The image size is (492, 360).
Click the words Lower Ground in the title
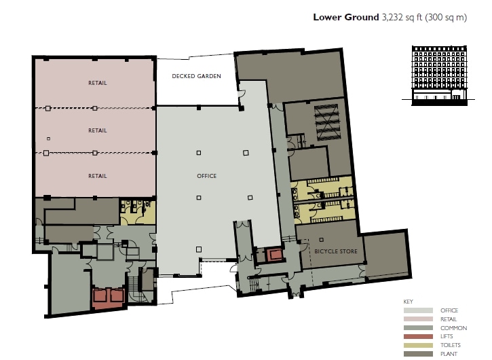tap(343, 18)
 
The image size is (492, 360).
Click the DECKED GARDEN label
tap(196, 77)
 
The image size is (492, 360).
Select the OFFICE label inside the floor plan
tap(206, 176)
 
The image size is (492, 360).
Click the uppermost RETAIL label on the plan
tap(97, 84)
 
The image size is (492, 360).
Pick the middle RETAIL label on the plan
tap(97, 130)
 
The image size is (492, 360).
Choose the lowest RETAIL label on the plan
tap(97, 176)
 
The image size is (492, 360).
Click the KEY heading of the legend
tap(408, 301)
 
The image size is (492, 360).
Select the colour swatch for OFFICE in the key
tap(416, 310)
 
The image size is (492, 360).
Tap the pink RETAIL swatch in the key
tap(416, 319)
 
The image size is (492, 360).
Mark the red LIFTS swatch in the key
tap(416, 336)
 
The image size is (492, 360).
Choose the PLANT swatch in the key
tap(416, 353)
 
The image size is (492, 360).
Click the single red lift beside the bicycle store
tap(275, 255)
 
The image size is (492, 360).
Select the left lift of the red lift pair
tap(101, 296)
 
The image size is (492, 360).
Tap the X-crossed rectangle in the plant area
tap(326, 122)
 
